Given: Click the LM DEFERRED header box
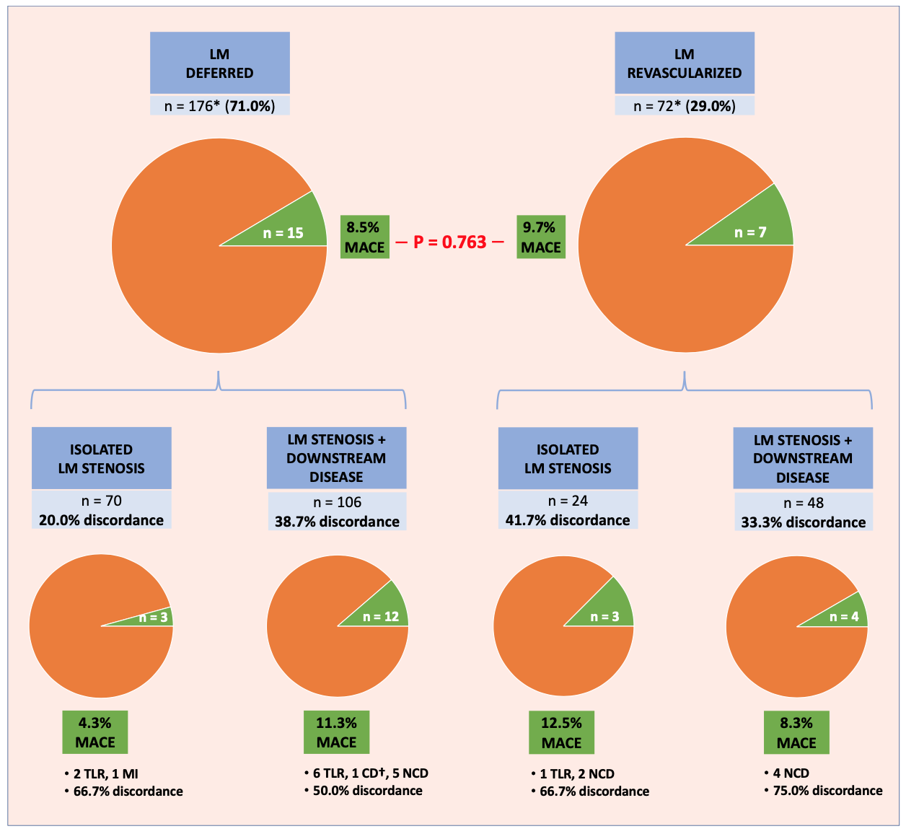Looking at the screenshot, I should [220, 63].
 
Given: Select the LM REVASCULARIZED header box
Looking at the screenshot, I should [685, 63].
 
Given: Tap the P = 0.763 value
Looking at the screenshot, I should [450, 242].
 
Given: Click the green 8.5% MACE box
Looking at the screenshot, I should [364, 237].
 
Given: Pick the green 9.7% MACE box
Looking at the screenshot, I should [541, 237].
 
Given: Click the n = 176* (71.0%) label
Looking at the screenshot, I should [220, 106].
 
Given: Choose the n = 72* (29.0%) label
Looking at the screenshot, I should [685, 106].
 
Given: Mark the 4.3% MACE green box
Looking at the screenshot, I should [95, 732].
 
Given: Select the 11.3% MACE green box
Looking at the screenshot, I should [337, 732].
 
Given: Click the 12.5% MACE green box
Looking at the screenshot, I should [562, 732].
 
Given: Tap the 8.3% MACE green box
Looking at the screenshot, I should [796, 732].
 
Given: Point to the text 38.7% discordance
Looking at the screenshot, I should [337, 521].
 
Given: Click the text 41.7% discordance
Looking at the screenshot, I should [568, 519].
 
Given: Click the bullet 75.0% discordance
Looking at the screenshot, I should [827, 791].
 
